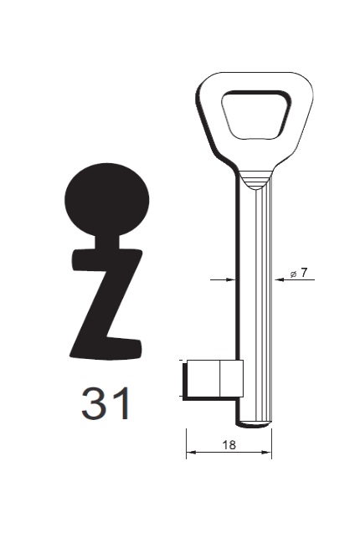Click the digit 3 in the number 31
click(93, 403)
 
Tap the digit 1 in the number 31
click(121, 403)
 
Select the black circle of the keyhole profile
click(106, 199)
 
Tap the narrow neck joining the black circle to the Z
click(106, 243)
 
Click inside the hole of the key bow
click(255, 115)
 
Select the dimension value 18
click(229, 444)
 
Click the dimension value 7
click(304, 273)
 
